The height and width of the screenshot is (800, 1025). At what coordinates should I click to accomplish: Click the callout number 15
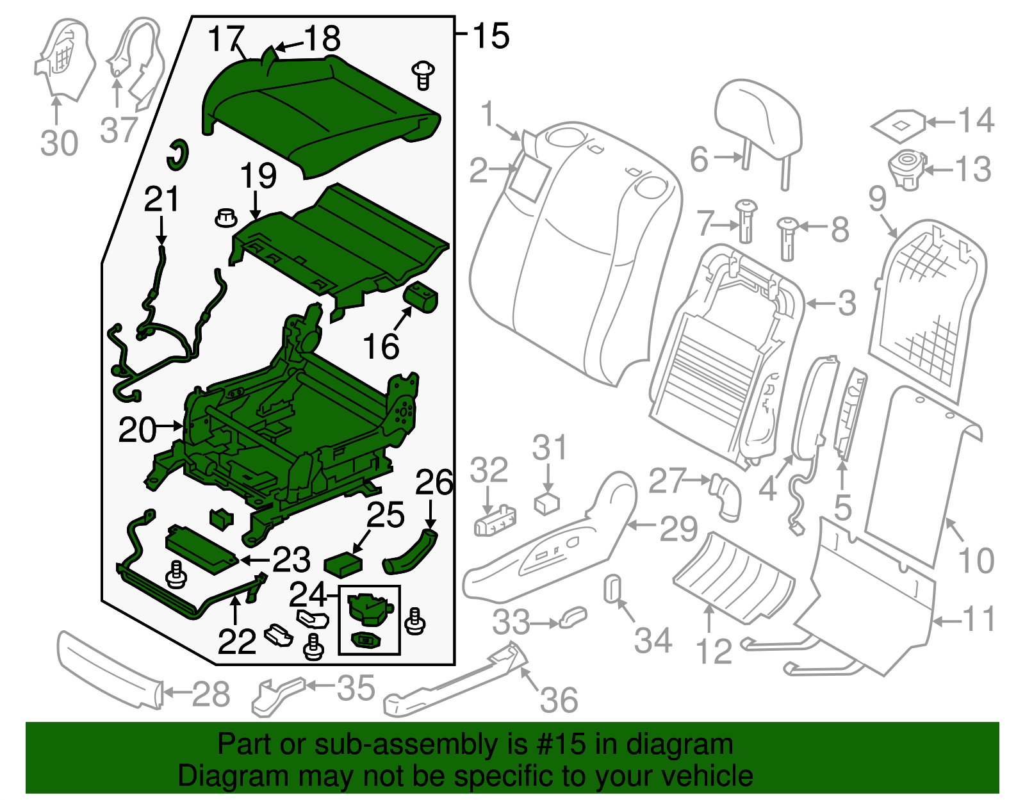click(491, 36)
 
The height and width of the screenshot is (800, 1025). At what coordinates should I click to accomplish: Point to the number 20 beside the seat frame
click(137, 430)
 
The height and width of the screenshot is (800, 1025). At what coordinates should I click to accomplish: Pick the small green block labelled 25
click(343, 565)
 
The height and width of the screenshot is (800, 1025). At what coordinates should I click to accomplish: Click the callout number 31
click(550, 448)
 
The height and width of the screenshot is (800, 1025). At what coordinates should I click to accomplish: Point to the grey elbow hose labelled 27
click(725, 496)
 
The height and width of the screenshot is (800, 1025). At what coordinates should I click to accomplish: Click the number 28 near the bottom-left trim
click(211, 694)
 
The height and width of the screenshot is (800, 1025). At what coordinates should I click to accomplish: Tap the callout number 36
click(559, 699)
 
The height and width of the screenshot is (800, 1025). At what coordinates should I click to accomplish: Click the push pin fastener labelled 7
click(747, 221)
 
